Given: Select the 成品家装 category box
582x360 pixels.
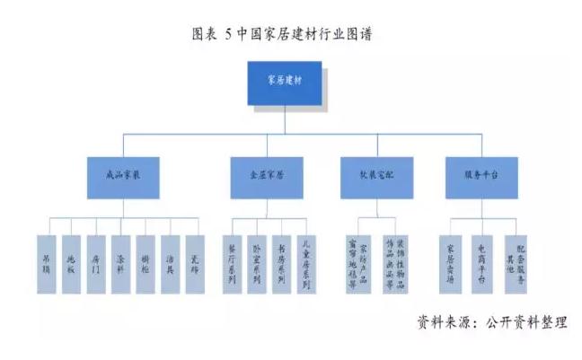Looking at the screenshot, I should click(124, 178).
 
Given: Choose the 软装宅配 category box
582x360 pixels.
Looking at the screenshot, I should click(376, 178).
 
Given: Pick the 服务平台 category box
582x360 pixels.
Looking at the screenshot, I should click(483, 178).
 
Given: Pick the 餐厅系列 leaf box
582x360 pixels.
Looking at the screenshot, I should click(234, 263).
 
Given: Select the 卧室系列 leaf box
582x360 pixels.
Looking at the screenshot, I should click(259, 263).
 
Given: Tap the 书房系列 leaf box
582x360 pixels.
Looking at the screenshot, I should click(283, 263).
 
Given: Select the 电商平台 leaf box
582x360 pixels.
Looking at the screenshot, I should click(483, 263).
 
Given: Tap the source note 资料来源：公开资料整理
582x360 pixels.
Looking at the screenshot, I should click(492, 321).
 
